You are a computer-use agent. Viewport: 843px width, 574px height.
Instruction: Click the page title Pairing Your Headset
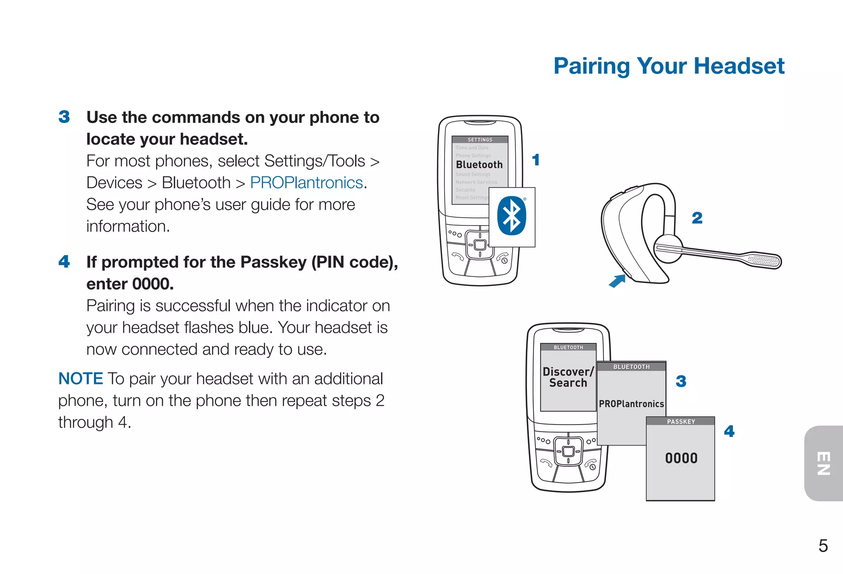coord(668,66)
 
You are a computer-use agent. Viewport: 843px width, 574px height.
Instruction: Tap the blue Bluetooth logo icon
coord(511,216)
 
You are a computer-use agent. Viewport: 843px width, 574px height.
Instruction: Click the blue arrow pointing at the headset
coord(617,281)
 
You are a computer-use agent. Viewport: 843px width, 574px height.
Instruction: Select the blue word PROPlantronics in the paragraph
coord(306,183)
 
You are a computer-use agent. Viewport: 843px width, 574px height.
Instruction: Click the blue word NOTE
coord(81,379)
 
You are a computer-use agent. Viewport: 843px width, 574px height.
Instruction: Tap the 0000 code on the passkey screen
coord(681,458)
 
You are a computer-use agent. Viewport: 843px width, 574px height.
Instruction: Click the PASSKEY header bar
coord(680,421)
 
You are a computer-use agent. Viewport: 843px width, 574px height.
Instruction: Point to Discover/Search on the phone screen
coord(568,377)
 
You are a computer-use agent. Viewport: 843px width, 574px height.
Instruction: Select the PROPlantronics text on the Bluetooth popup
coord(631,404)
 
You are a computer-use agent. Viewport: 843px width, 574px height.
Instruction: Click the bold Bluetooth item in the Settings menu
coord(479,165)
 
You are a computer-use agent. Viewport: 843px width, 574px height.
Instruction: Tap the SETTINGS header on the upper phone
coord(480,140)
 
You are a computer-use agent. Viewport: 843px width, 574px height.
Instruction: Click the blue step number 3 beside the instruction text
coord(64,117)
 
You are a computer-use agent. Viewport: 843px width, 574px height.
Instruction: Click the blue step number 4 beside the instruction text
coord(64,262)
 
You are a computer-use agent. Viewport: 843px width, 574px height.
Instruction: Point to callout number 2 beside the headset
coord(697,218)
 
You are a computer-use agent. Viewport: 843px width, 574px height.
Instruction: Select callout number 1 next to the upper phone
coord(536,160)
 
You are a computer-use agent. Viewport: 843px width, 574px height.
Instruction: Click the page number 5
coord(823,546)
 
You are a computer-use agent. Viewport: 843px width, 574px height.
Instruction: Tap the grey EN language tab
coord(824,463)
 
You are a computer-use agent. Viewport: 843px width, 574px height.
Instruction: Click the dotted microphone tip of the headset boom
coord(764,260)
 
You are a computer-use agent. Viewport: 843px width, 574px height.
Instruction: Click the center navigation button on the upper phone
coord(480,245)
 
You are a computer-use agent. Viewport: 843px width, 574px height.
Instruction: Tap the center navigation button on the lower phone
coord(568,451)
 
